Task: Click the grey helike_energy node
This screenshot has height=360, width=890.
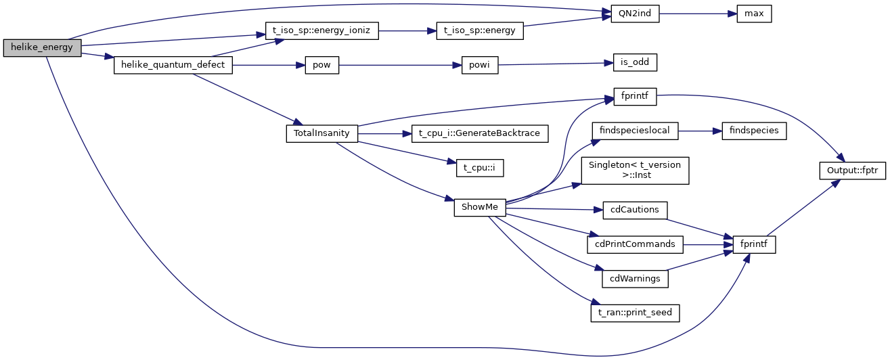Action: [x=42, y=48]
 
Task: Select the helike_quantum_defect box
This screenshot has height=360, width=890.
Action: [x=173, y=65]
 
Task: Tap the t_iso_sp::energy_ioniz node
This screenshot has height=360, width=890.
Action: [x=321, y=30]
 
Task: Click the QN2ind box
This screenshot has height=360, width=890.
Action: [x=635, y=14]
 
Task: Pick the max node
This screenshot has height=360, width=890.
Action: [x=754, y=14]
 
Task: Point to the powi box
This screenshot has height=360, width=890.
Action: [x=480, y=66]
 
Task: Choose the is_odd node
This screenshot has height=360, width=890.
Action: [x=635, y=62]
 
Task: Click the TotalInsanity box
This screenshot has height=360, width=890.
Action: [x=322, y=133]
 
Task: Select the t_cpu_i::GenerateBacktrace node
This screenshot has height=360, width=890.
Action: [x=479, y=133]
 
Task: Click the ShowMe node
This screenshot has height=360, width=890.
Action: [x=480, y=207]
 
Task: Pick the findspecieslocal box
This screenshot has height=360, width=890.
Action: [x=635, y=131]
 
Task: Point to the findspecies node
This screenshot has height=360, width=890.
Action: [x=754, y=131]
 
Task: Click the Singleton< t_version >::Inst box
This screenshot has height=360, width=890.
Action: [x=635, y=169]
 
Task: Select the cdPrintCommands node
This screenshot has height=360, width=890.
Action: [x=635, y=243]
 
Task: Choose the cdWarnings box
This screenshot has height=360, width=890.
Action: [x=635, y=277]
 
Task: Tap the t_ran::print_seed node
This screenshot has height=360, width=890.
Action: [x=635, y=313]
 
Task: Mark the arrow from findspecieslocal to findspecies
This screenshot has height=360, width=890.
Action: [x=700, y=131]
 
